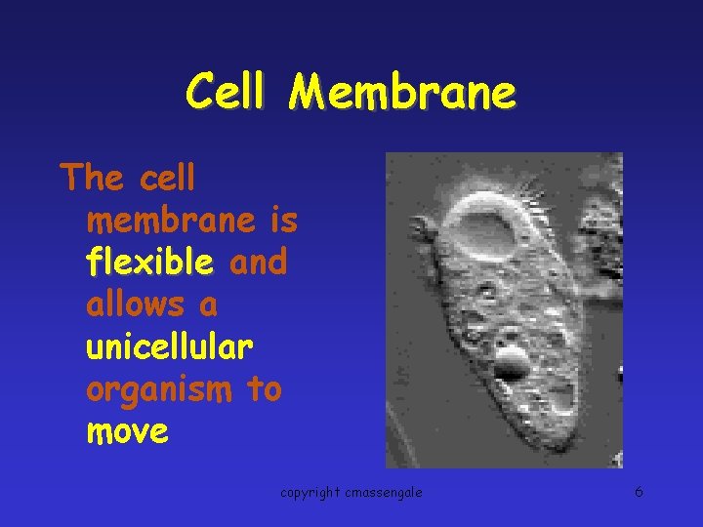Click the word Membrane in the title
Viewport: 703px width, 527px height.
pyautogui.click(x=402, y=94)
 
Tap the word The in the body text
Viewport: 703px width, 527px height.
pyautogui.click(x=91, y=179)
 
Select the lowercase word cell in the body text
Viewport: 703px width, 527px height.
pyautogui.click(x=168, y=179)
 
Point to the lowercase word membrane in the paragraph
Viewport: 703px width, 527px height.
pyautogui.click(x=171, y=222)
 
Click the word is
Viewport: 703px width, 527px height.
pyautogui.click(x=284, y=222)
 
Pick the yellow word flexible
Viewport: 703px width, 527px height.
pyautogui.click(x=149, y=263)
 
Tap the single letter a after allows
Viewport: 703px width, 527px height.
pyautogui.click(x=208, y=306)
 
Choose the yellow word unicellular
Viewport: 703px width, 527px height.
pyautogui.click(x=170, y=347)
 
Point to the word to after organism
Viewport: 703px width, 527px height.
pyautogui.click(x=264, y=389)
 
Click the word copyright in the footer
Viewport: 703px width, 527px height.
pyautogui.click(x=310, y=493)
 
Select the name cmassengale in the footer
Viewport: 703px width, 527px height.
pyautogui.click(x=383, y=493)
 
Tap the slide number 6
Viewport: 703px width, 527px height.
pyautogui.click(x=639, y=492)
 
